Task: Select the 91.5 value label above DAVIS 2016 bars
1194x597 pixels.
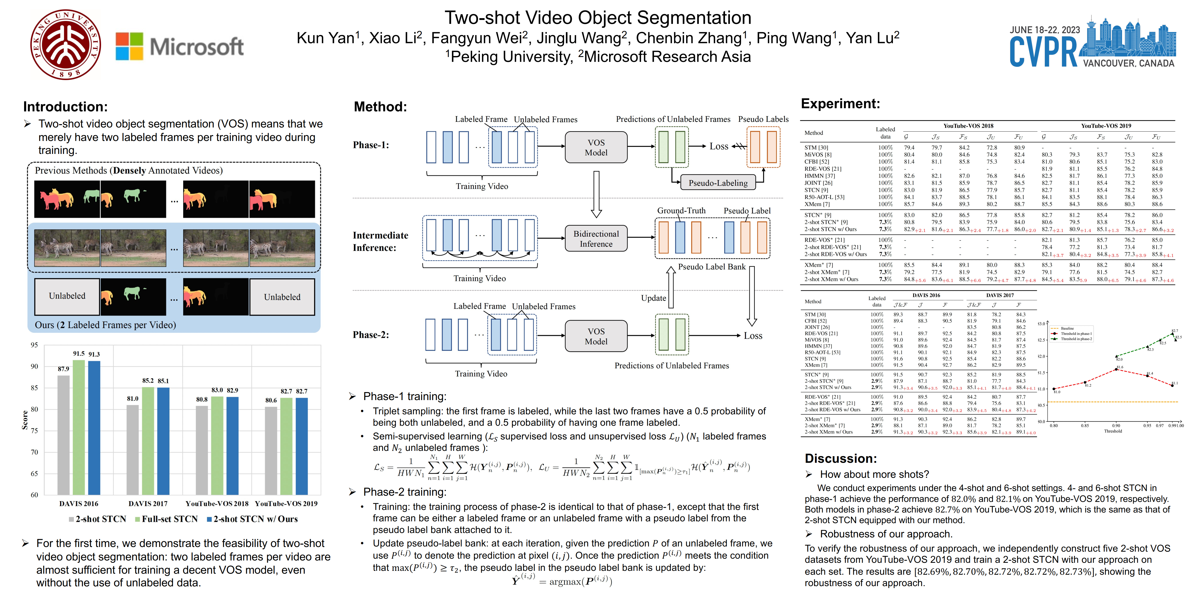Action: pos(79,354)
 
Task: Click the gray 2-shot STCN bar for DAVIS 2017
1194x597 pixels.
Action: pos(133,450)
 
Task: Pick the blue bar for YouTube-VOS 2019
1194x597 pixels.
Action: pos(302,446)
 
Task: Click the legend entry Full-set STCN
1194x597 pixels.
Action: pos(167,519)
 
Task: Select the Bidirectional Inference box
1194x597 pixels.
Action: pos(596,239)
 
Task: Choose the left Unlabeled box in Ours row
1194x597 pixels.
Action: pos(67,296)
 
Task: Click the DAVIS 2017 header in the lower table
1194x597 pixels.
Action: pos(1000,295)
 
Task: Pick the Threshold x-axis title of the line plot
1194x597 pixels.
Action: pos(1113,431)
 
